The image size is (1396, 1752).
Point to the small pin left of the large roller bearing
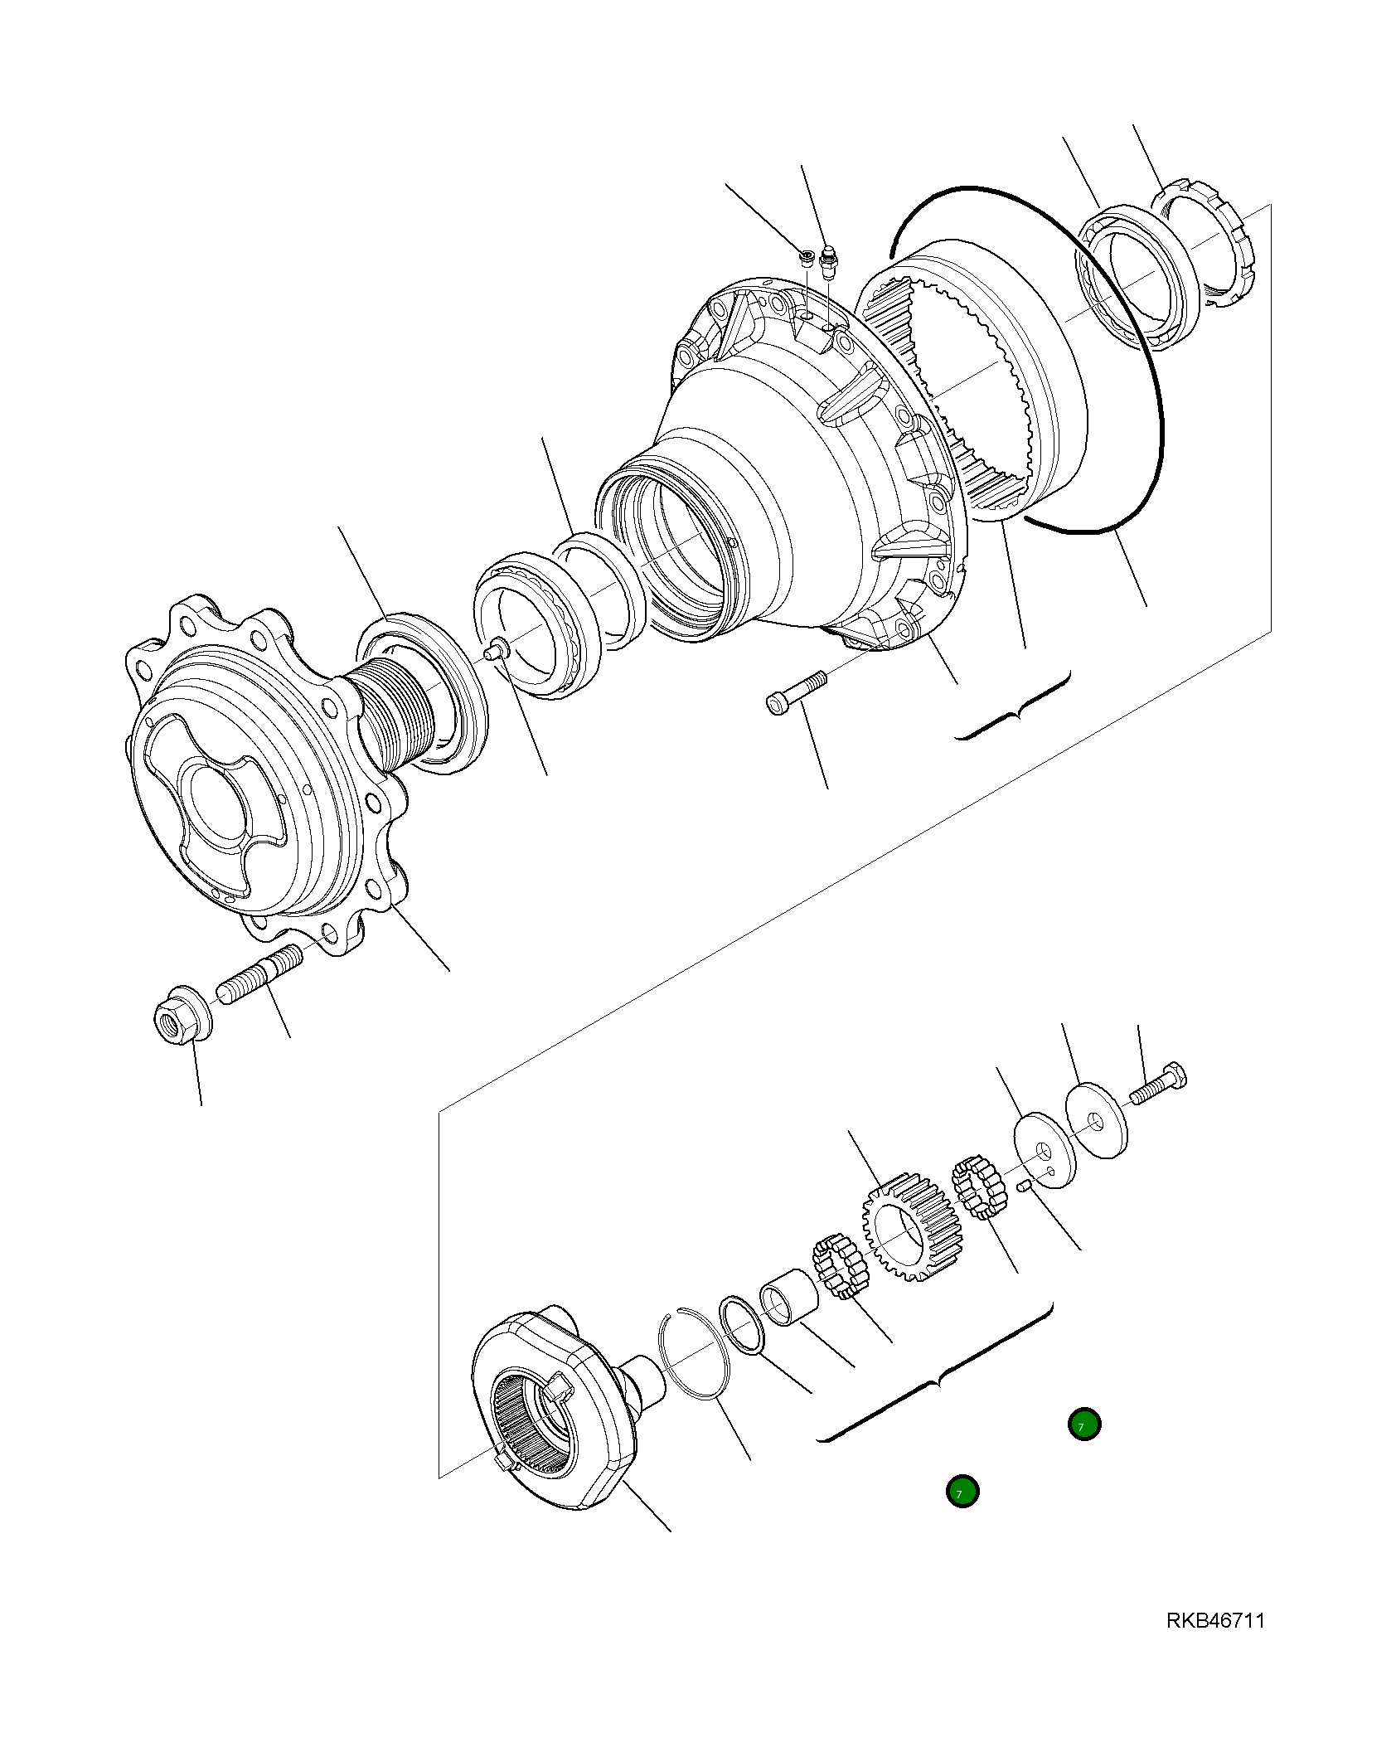[496, 649]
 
